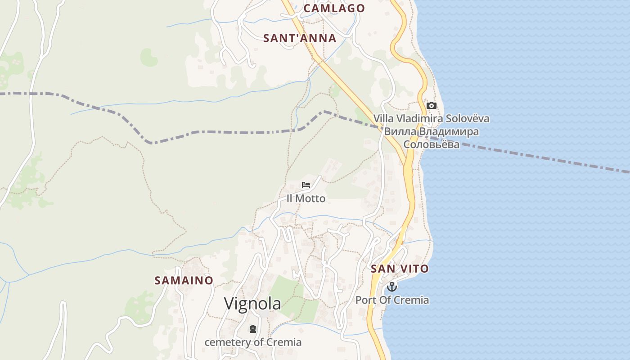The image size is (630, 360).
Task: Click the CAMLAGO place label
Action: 333,8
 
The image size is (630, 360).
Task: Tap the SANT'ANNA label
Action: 300,38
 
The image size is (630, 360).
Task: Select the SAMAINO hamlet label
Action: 184,280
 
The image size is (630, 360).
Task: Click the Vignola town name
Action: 252,304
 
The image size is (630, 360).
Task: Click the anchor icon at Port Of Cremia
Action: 392,287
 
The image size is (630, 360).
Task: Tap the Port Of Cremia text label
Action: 392,300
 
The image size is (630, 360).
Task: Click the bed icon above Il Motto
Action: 306,185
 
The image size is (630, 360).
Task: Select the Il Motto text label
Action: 306,198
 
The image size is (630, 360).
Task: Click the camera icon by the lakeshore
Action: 431,106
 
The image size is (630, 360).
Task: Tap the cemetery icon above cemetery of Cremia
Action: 253,329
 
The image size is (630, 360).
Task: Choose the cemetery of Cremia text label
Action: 253,342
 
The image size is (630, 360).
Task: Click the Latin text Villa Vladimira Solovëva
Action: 431,119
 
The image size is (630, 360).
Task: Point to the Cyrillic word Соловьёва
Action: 431,144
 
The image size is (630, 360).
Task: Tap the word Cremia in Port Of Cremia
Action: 412,300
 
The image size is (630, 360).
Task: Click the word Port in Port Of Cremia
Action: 365,300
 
